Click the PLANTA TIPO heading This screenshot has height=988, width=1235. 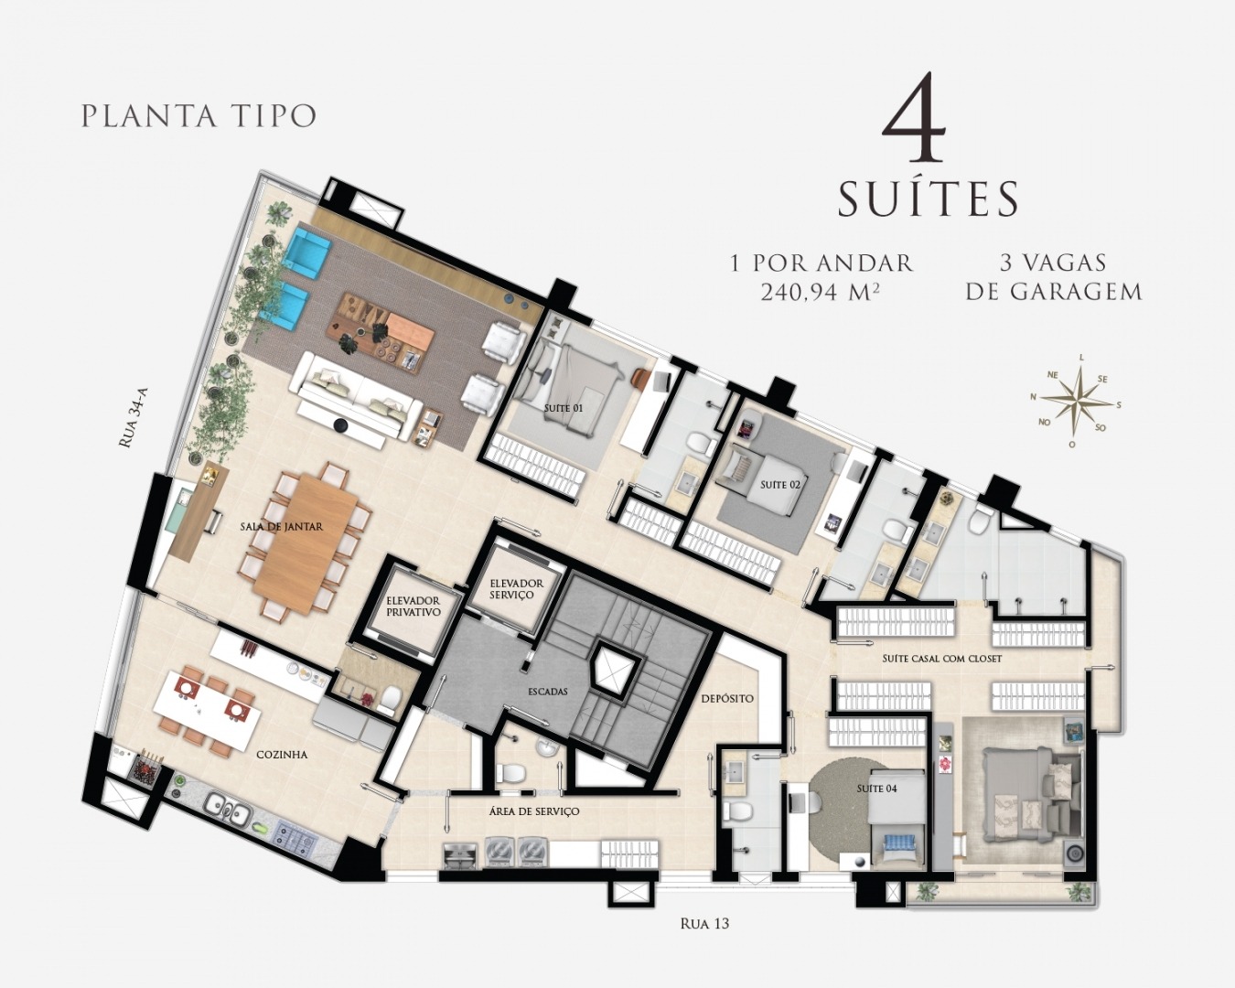199,115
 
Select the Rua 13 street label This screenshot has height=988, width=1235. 704,924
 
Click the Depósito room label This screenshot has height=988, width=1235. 727,699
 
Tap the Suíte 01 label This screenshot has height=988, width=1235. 564,409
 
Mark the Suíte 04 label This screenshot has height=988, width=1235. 877,789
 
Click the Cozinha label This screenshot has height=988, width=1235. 282,755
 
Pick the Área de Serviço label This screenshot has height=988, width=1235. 534,811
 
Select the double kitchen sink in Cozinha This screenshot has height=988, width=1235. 228,812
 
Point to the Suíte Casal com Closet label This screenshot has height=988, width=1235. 941,659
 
